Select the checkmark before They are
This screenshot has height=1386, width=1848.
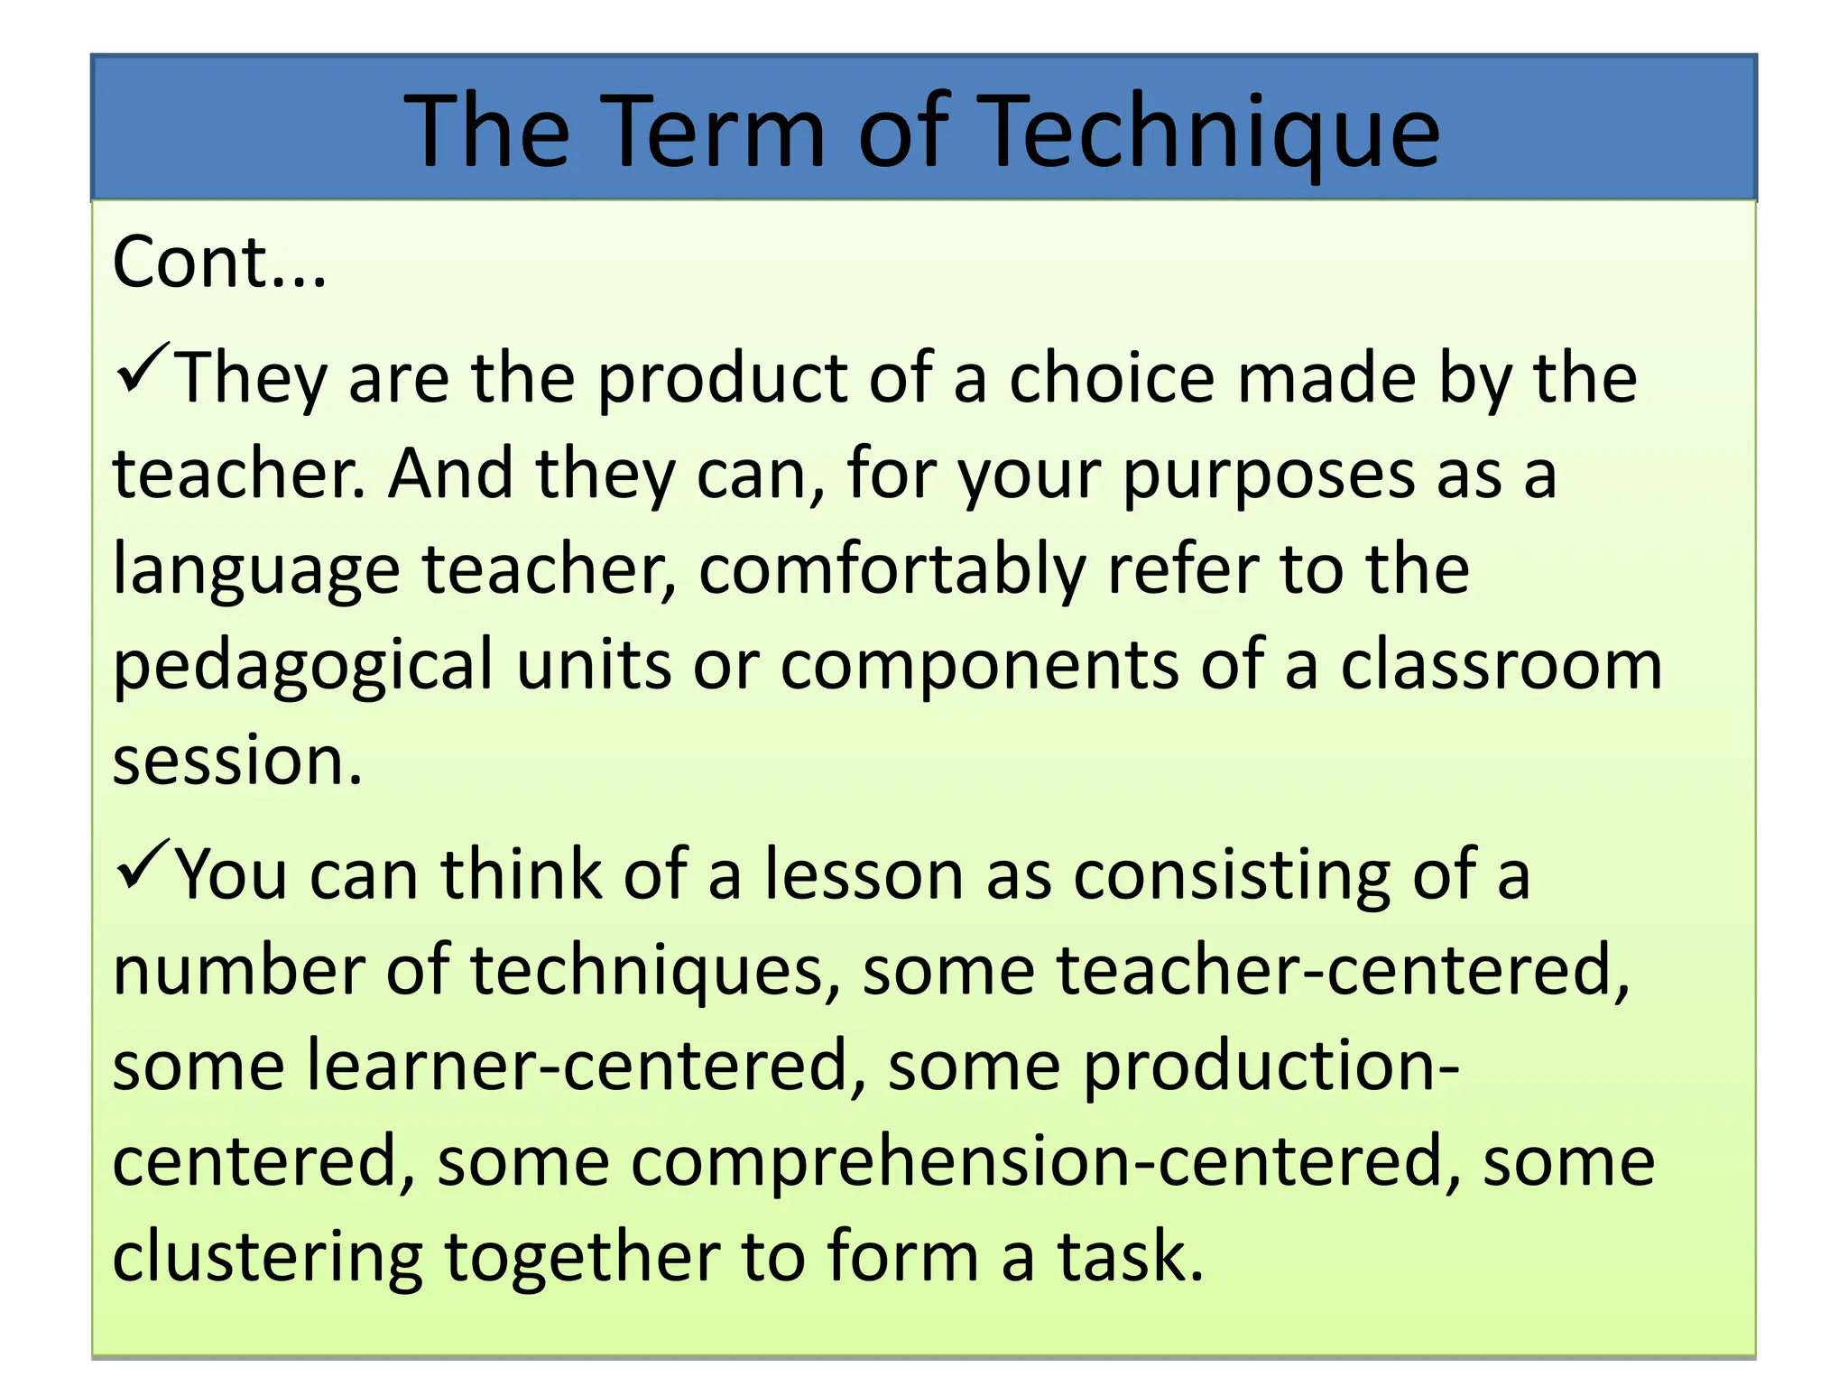pos(143,368)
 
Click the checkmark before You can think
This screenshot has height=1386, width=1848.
pos(143,864)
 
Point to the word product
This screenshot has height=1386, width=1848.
pos(722,379)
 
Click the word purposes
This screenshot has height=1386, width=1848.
pos(1269,476)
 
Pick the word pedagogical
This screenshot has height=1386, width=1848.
pos(303,667)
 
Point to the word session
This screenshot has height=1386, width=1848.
pos(236,761)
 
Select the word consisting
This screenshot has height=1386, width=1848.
pos(1232,876)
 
